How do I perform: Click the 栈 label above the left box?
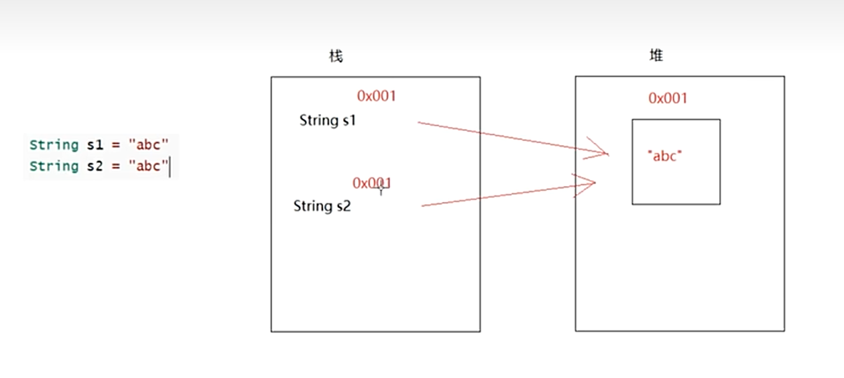(336, 56)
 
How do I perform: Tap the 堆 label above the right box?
(656, 56)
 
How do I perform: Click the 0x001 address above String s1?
(377, 96)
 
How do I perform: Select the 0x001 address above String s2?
(372, 183)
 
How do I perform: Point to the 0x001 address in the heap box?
(668, 99)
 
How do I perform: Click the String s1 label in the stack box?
(328, 121)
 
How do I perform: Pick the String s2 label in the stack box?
(322, 206)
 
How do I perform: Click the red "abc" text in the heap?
(664, 156)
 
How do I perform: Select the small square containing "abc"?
(676, 181)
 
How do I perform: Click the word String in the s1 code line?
(54, 144)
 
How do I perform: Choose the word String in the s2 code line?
(54, 166)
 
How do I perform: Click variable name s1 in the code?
(94, 144)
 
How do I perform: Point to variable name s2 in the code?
(94, 166)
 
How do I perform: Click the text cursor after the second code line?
(170, 167)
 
